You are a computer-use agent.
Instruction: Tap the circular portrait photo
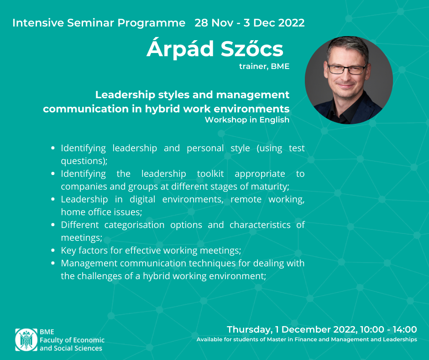pyautogui.click(x=349, y=80)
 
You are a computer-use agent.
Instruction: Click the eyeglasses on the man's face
pyautogui.click(x=347, y=69)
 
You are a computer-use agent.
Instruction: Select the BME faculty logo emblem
pyautogui.click(x=26, y=340)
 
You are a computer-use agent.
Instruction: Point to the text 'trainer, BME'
pyautogui.click(x=264, y=66)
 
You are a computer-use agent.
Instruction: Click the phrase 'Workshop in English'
pyautogui.click(x=247, y=120)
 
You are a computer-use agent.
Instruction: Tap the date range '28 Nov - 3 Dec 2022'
pyautogui.click(x=250, y=23)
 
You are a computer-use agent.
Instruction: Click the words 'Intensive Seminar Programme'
pyautogui.click(x=99, y=23)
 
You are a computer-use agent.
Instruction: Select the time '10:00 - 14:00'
pyautogui.click(x=388, y=329)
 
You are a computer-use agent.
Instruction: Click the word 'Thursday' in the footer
pyautogui.click(x=249, y=329)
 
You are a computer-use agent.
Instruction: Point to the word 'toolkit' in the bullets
pyautogui.click(x=210, y=174)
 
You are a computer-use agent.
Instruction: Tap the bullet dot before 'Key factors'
pyautogui.click(x=53, y=250)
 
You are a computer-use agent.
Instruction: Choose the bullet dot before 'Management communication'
pyautogui.click(x=53, y=263)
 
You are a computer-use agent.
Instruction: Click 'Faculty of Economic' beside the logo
pyautogui.click(x=72, y=340)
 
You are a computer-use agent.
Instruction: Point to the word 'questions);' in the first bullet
pyautogui.click(x=84, y=161)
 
